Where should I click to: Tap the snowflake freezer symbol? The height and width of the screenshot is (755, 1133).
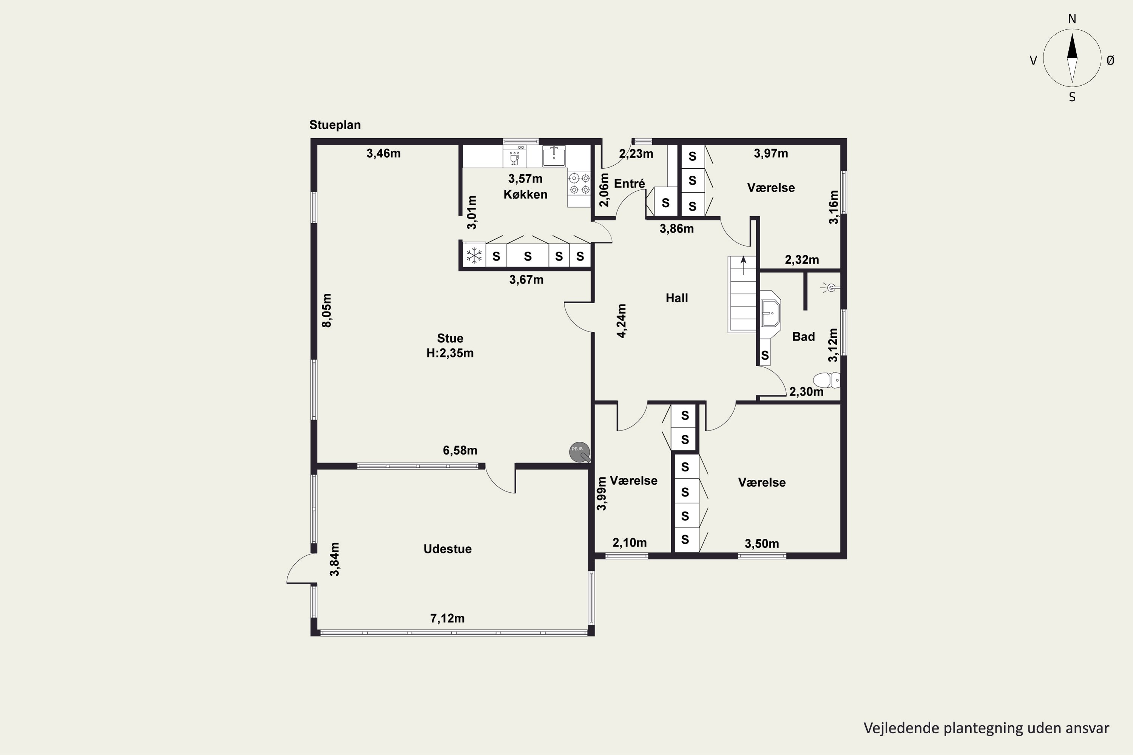(x=474, y=256)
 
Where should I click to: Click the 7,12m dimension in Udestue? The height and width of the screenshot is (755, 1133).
(x=447, y=618)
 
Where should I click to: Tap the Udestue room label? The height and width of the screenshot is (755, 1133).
(x=447, y=549)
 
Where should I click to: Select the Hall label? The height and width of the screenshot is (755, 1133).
(x=676, y=298)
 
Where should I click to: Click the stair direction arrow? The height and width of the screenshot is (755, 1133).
(x=743, y=265)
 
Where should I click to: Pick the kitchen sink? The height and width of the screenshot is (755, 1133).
(x=554, y=156)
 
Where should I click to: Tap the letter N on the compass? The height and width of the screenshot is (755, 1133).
(x=1072, y=19)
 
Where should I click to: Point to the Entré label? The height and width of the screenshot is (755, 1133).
(x=629, y=183)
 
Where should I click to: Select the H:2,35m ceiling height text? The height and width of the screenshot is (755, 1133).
(x=450, y=353)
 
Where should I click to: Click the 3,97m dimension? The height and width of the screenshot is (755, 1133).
(x=771, y=153)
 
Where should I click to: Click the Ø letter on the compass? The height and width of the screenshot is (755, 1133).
(x=1110, y=60)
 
